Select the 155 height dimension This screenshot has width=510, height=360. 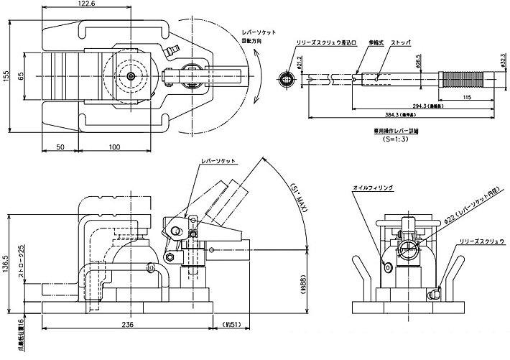[6, 78]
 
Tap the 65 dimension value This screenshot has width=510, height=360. [22, 75]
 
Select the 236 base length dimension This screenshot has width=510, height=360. [126, 324]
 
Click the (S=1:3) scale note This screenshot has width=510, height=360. [395, 139]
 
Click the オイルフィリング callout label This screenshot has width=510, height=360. [373, 188]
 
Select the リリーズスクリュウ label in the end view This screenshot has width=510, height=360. [483, 242]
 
